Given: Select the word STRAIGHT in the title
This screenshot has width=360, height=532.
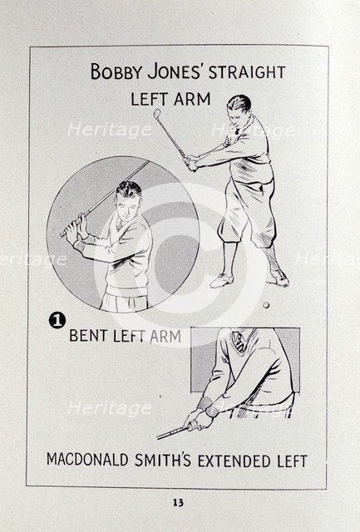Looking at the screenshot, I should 249,72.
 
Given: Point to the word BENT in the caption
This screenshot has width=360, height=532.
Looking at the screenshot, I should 91,337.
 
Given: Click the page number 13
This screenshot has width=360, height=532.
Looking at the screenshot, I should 179,502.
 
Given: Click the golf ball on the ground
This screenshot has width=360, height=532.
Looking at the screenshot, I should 265,307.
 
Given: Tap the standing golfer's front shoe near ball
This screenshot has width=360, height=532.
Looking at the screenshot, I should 277,278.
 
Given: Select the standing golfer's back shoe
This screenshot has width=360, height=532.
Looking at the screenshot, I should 220,281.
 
